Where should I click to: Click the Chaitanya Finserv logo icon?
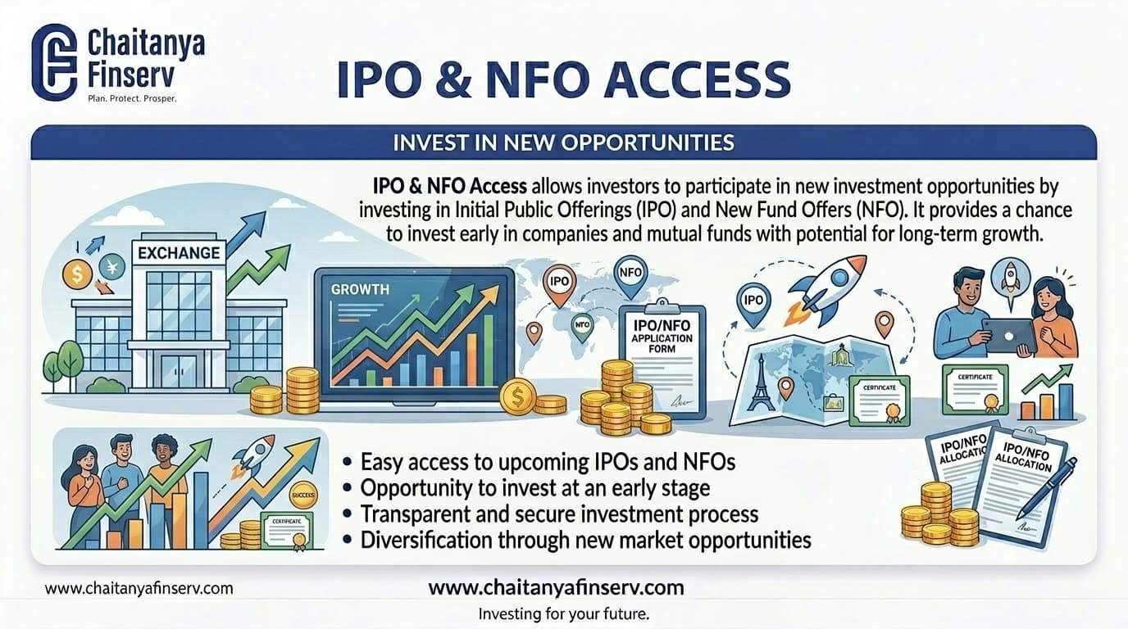[x=53, y=61]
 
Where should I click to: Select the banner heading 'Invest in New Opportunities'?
[x=562, y=143]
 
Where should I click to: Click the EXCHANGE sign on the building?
[x=179, y=252]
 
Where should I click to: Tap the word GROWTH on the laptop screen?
[x=360, y=289]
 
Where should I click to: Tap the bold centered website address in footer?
[x=556, y=587]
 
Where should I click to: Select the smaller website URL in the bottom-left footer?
[x=139, y=588]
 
